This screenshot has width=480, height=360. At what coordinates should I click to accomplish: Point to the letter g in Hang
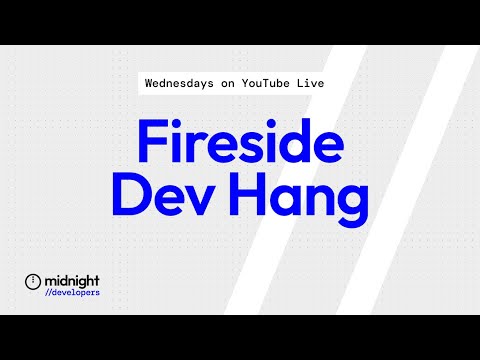tap(350, 206)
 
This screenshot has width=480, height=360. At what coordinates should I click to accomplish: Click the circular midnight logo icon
tap(33, 281)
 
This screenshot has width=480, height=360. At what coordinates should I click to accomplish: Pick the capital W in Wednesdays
tap(149, 85)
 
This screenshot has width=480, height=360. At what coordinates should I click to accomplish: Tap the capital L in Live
tap(318, 85)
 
